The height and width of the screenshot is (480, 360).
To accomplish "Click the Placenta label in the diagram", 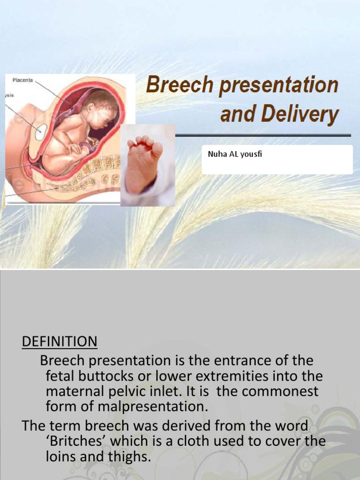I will click(x=22, y=80).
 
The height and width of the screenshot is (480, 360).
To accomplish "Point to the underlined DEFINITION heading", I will click(x=60, y=342).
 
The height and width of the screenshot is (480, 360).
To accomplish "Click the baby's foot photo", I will click(x=147, y=165).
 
